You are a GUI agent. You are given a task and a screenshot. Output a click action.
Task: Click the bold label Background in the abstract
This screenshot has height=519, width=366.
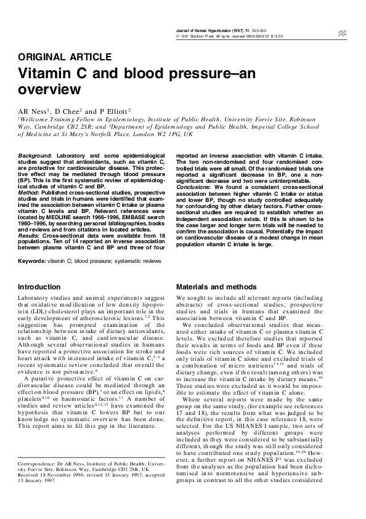pyautogui.click(x=35, y=156)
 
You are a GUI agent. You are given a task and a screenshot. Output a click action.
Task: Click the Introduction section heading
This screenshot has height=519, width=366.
pyautogui.click(x=39, y=287)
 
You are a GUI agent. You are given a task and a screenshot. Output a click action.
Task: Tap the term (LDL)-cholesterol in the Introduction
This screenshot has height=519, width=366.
pyautogui.click(x=45, y=313)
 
